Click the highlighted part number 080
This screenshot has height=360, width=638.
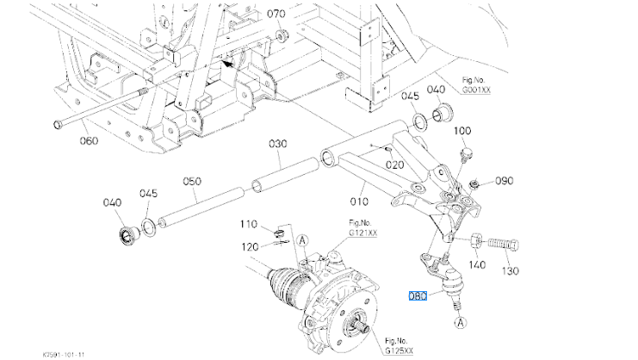pyautogui.click(x=418, y=296)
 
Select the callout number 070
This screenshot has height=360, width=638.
pyautogui.click(x=275, y=14)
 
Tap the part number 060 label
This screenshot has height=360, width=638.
pyautogui.click(x=90, y=140)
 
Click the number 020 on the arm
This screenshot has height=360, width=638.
pyautogui.click(x=395, y=164)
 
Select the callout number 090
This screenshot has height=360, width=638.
pyautogui.click(x=504, y=181)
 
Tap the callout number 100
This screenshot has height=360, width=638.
pyautogui.click(x=461, y=131)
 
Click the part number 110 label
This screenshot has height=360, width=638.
pyautogui.click(x=249, y=225)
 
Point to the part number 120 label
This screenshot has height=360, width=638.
pyautogui.click(x=249, y=246)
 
